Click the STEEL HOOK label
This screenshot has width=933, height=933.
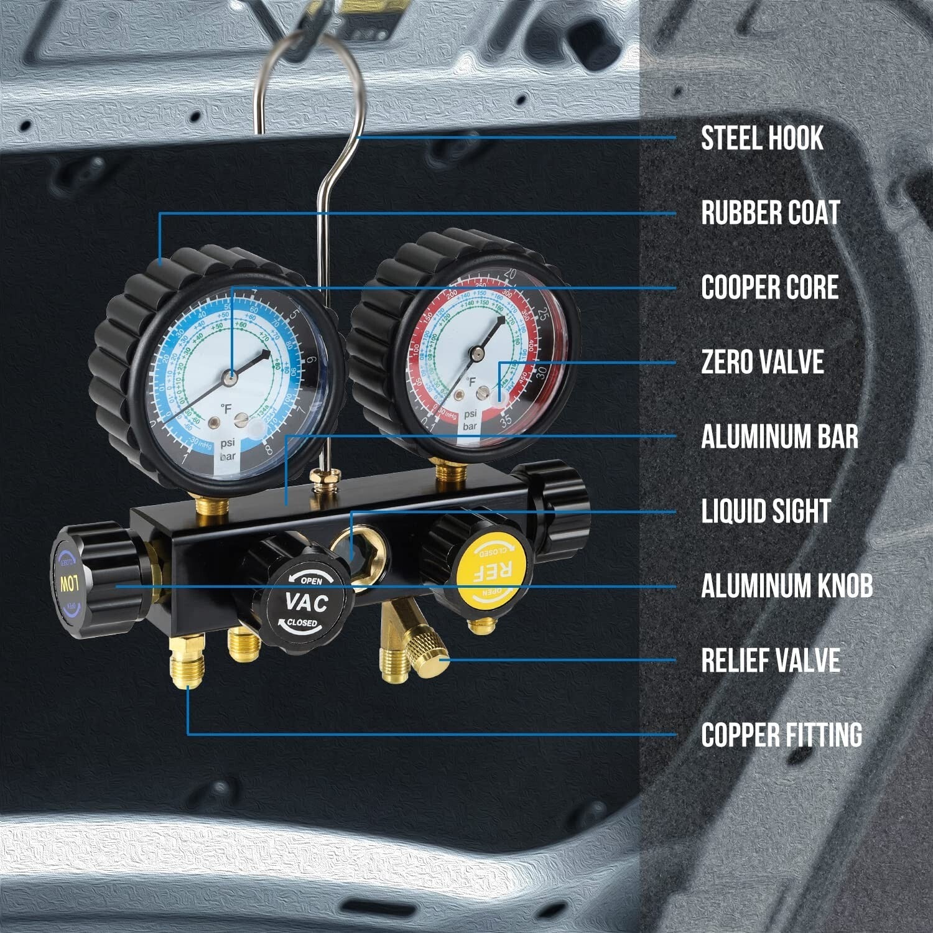coord(762,138)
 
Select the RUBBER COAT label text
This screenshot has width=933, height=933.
coord(771,213)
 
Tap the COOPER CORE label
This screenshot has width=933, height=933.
coord(770,287)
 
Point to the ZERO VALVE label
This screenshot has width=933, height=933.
coord(763,362)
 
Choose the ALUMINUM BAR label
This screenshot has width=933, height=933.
coord(779,437)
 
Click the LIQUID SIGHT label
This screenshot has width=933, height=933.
coord(766,511)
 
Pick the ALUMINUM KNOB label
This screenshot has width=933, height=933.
coord(787,586)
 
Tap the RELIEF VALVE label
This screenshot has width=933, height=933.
coord(771,661)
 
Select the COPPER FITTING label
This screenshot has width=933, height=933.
coord(782,735)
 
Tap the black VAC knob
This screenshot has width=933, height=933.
coord(306,601)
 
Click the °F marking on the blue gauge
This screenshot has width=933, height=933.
coord(225,407)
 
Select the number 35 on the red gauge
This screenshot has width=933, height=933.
coord(506,420)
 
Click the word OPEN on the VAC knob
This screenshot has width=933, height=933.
coord(311,581)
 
